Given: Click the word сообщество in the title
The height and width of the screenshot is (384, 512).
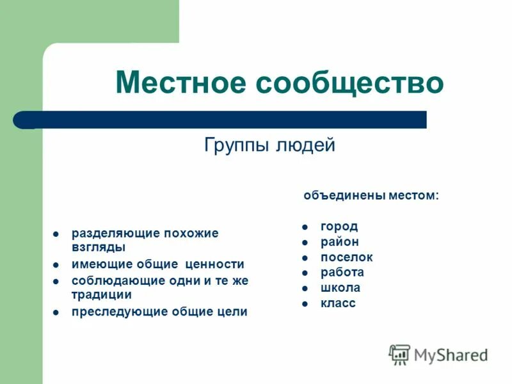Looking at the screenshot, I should click(350, 83).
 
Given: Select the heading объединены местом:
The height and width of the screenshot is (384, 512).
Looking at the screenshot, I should click(371, 195).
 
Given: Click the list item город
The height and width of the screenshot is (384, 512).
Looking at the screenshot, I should click(339, 227).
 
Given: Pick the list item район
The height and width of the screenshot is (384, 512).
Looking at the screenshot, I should click(340, 242).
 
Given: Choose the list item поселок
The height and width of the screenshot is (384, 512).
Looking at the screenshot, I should click(346, 257).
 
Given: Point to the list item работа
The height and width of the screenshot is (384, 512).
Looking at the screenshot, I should click(342, 273).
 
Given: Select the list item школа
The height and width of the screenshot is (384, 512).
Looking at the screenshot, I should click(340, 288).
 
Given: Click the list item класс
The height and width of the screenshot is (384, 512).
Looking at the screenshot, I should click(338, 303).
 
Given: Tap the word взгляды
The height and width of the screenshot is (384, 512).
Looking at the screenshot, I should click(98, 246).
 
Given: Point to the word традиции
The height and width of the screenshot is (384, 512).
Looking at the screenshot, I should click(101, 294).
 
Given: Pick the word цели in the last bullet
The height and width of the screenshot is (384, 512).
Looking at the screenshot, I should click(232, 312).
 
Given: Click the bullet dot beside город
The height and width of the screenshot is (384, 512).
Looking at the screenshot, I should click(306, 227).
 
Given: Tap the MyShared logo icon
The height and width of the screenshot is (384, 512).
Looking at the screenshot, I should click(400, 353).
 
